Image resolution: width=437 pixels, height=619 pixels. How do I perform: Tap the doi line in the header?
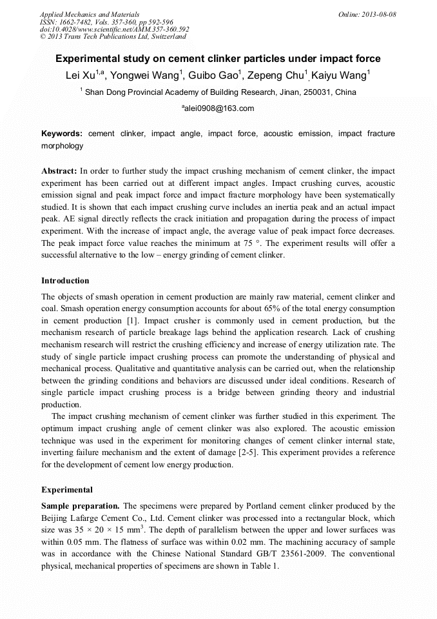114,29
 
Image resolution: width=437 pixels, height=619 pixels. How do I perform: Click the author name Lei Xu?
80,76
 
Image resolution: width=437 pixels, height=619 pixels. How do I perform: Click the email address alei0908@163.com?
219,108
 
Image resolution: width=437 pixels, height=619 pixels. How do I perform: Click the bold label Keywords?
61,134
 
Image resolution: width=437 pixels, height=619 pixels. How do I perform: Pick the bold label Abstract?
59,172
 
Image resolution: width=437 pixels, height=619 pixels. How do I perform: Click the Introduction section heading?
65,281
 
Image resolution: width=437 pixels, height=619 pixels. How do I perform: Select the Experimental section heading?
66,490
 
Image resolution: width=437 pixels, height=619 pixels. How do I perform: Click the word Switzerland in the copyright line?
166,37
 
